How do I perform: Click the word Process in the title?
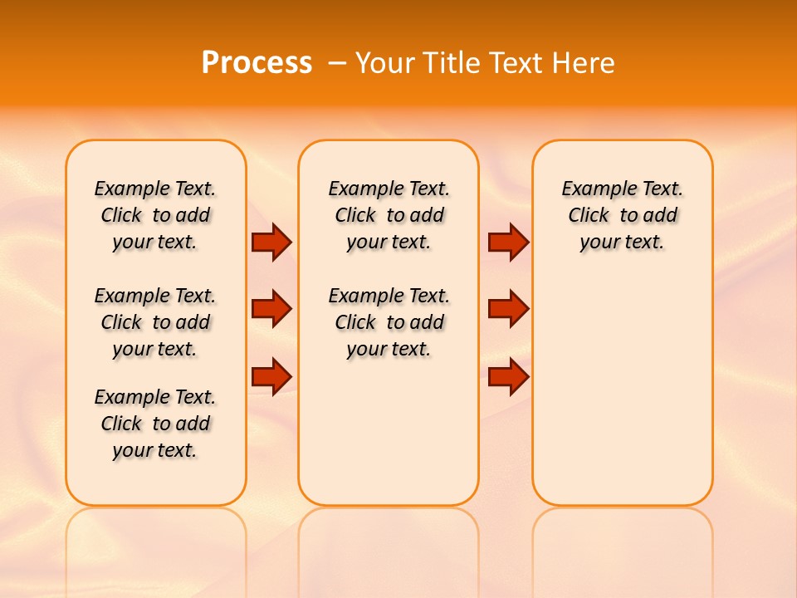tap(257, 62)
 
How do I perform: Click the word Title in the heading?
tap(454, 62)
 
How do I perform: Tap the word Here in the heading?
tap(585, 62)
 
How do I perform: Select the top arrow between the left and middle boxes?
tap(271, 242)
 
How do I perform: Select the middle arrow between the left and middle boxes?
tap(271, 309)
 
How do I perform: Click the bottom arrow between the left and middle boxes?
tap(271, 376)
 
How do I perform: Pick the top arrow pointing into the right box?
tap(508, 242)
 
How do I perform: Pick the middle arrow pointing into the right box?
tap(508, 309)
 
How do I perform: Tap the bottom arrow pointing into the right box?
tap(508, 376)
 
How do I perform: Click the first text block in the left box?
tap(155, 215)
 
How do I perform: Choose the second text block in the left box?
tap(155, 322)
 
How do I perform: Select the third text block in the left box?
tap(155, 424)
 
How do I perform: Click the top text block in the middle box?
tap(389, 215)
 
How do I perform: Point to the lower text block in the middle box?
tap(389, 322)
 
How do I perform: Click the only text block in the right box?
tap(622, 215)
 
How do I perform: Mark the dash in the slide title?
tap(337, 63)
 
